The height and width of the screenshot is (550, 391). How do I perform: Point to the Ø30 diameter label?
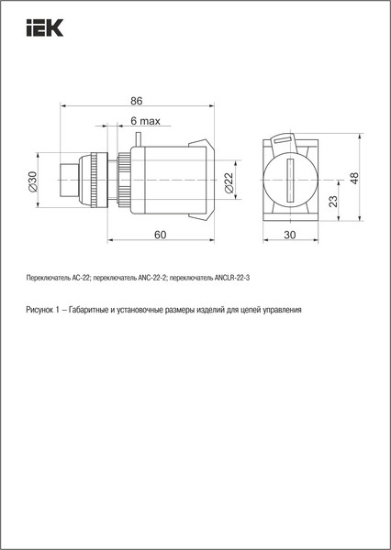[33, 181]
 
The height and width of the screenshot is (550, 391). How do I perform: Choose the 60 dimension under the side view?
[160, 236]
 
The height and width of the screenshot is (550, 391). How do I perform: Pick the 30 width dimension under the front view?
[291, 236]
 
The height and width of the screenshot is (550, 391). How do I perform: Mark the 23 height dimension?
[334, 200]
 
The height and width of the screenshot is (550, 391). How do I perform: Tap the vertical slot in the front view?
[291, 181]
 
